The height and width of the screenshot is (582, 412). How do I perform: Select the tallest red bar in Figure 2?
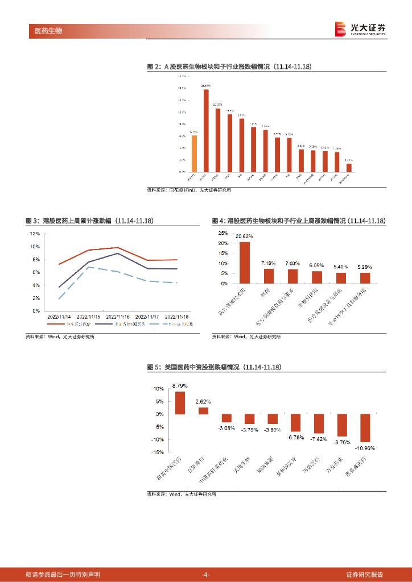tap(206, 131)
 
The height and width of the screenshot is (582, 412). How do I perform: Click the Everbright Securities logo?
tap(360, 29)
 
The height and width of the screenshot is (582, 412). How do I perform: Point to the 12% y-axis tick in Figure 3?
tap(35, 234)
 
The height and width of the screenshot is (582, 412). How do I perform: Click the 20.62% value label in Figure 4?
tap(245, 236)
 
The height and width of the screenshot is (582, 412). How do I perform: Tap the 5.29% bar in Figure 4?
tap(365, 278)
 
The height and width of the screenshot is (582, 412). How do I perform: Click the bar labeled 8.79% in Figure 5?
tap(180, 402)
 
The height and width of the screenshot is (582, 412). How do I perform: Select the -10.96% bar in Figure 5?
tap(365, 428)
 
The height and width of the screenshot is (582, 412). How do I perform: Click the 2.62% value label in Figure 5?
tap(203, 402)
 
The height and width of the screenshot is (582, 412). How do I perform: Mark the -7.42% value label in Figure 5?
tap(319, 439)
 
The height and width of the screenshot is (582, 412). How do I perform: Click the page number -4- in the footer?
tap(206, 574)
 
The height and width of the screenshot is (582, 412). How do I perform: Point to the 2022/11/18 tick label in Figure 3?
tap(177, 316)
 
